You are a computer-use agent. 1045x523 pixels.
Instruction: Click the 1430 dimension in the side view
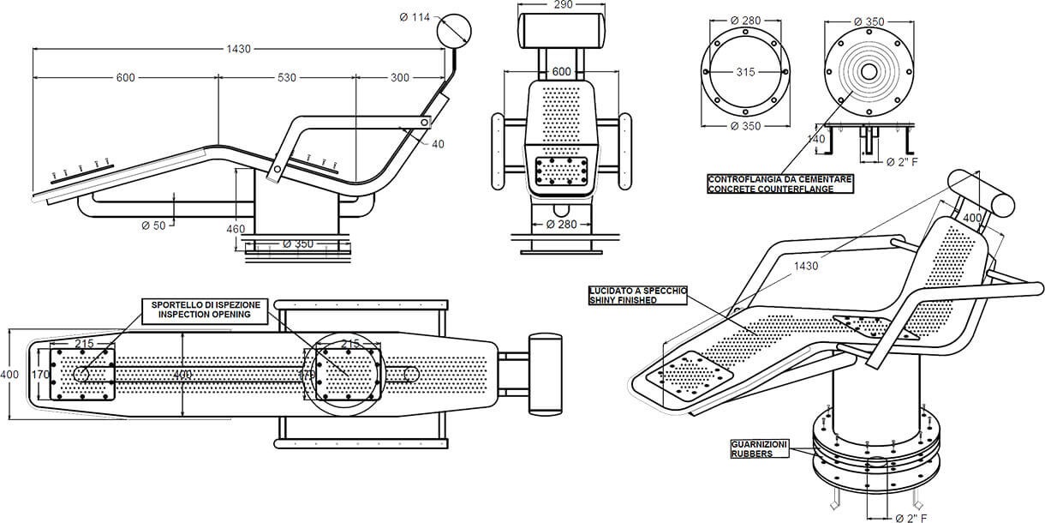(x=240, y=49)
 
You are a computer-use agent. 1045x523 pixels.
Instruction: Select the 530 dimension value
(x=287, y=78)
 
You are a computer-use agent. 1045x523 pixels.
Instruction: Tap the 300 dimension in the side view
(x=399, y=78)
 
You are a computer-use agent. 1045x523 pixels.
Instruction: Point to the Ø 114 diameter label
(x=415, y=16)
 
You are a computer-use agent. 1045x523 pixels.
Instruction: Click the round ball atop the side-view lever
(x=454, y=32)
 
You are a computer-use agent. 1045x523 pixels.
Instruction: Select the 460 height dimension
(x=236, y=229)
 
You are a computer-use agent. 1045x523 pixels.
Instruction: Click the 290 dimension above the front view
(x=563, y=5)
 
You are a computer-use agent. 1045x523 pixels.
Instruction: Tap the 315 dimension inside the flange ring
(x=745, y=72)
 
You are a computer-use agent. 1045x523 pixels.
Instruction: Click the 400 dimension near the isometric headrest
(x=972, y=219)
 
